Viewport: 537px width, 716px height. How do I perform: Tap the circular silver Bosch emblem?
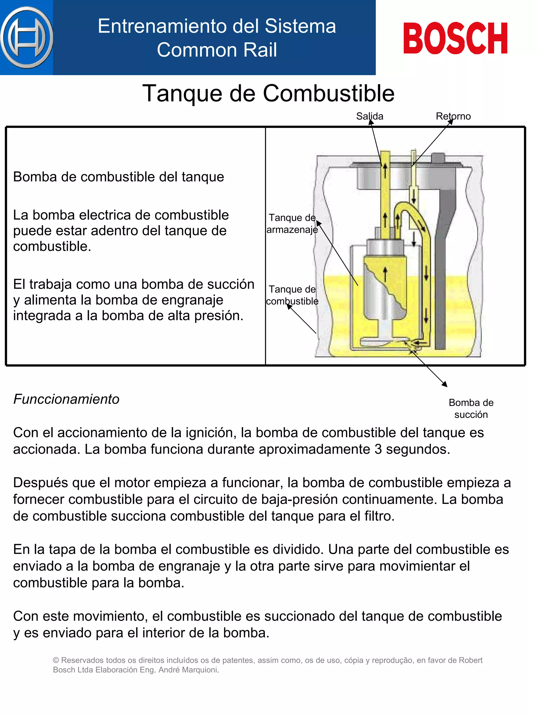click(x=26, y=37)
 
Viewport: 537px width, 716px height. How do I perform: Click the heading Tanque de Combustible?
click(x=268, y=94)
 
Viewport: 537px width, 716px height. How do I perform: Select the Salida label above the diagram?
click(x=369, y=116)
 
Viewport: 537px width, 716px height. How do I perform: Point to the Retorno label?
click(x=453, y=116)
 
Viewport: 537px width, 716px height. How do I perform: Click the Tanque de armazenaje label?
click(x=292, y=224)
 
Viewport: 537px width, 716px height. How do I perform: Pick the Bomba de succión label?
click(x=471, y=408)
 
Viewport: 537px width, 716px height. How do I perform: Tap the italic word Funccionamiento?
click(x=66, y=399)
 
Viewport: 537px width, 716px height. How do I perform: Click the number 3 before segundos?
click(x=378, y=449)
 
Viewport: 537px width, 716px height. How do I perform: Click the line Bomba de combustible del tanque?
click(x=119, y=177)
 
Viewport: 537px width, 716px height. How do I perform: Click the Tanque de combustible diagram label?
click(x=292, y=295)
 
